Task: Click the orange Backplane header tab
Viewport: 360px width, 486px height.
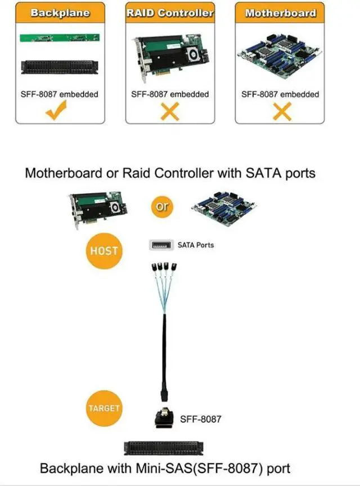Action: (59, 13)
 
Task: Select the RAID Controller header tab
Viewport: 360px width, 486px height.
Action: (169, 13)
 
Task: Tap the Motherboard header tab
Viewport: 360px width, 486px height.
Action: (280, 13)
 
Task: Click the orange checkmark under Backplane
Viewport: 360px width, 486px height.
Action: (59, 112)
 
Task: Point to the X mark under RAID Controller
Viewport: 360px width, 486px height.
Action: (169, 112)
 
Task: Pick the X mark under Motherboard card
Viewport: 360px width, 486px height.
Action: (280, 112)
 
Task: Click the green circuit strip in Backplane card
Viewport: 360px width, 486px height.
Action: (59, 38)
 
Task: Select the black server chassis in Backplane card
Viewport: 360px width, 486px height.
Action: (59, 67)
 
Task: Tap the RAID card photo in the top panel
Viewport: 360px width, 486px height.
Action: (169, 56)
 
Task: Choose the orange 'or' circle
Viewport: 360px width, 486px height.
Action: (161, 206)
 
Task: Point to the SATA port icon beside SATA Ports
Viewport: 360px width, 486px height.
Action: (161, 245)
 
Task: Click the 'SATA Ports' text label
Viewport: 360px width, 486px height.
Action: (196, 245)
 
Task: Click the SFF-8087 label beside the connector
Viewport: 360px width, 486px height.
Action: (201, 419)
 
